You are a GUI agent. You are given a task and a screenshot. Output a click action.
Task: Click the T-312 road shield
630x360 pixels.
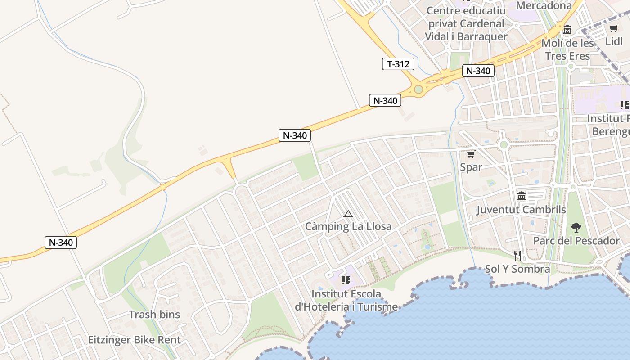398,64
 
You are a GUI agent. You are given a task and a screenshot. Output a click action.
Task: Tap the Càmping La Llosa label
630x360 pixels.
348,226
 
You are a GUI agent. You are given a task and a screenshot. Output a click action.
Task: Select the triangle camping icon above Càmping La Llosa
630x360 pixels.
348,214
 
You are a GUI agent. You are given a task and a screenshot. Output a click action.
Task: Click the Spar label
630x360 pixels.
471,167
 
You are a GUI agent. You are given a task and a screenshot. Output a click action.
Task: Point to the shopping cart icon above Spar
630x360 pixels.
471,154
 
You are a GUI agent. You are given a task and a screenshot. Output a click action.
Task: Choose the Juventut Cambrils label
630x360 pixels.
521,210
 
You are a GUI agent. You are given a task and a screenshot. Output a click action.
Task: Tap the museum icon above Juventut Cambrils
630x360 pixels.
522,196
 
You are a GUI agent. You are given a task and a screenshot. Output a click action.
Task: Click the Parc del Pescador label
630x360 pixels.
576,241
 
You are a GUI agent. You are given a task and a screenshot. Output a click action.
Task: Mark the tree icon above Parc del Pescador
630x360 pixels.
576,227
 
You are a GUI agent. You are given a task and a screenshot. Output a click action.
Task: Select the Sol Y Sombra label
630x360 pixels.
517,269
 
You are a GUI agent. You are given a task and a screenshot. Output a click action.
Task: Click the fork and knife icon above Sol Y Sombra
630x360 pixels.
517,256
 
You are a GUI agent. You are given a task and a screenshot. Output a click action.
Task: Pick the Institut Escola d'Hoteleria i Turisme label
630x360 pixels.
346,300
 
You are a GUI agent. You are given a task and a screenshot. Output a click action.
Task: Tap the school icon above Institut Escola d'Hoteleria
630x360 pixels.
346,280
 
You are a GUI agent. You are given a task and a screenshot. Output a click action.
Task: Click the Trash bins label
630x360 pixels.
154,315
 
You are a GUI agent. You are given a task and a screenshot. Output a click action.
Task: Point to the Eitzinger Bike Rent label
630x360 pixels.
134,340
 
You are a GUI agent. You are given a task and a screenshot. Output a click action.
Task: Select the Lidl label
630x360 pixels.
614,41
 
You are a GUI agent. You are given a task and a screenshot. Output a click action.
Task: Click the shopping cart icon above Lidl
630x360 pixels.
613,29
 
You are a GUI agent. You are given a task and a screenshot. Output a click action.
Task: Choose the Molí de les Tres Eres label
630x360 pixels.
567,49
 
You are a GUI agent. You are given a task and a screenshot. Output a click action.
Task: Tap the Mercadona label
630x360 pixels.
544,5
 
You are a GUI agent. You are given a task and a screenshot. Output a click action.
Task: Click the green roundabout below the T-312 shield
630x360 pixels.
418,89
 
